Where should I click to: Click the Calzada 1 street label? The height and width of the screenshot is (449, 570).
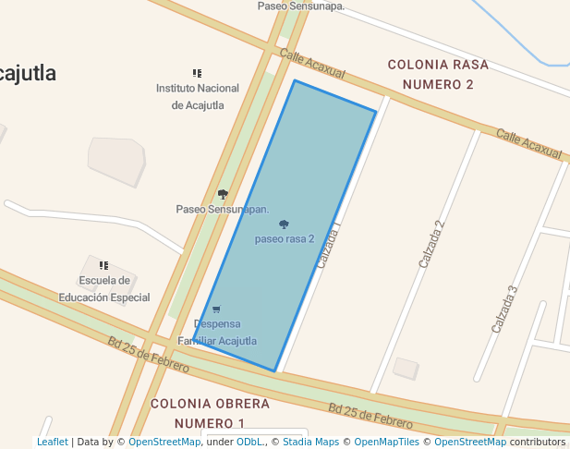pyautogui.click(x=329, y=245)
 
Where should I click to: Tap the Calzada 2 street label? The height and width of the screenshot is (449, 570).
pyautogui.click(x=431, y=244)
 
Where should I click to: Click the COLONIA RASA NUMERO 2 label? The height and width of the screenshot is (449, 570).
pyautogui.click(x=431, y=74)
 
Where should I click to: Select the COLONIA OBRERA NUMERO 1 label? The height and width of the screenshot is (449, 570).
pyautogui.click(x=211, y=413)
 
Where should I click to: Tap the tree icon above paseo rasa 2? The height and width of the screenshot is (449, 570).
pyautogui.click(x=284, y=224)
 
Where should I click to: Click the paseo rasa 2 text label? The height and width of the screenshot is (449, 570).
pyautogui.click(x=285, y=238)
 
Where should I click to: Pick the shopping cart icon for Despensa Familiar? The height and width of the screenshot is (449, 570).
pyautogui.click(x=216, y=309)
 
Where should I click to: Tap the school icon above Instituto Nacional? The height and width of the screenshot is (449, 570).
pyautogui.click(x=197, y=73)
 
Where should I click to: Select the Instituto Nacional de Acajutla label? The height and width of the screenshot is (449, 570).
pyautogui.click(x=198, y=96)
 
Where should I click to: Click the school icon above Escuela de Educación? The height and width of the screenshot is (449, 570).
pyautogui.click(x=103, y=266)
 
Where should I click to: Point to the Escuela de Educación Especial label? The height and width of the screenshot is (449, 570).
pyautogui.click(x=104, y=289)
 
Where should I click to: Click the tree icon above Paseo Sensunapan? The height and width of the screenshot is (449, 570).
pyautogui.click(x=223, y=194)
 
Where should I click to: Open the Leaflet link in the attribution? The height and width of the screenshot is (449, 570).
pyautogui.click(x=52, y=443)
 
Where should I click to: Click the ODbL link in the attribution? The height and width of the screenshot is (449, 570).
pyautogui.click(x=249, y=443)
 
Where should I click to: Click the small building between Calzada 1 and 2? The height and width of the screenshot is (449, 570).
pyautogui.click(x=406, y=369)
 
